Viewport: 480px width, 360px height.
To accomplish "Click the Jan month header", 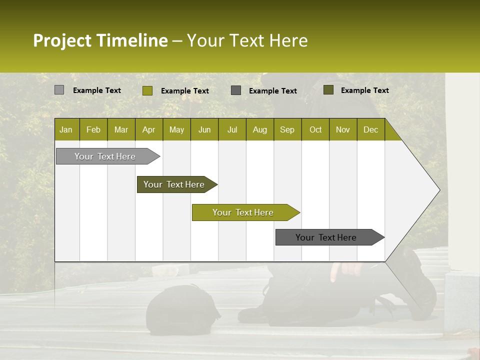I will (x=66, y=129).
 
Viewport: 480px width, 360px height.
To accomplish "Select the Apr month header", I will (x=149, y=129).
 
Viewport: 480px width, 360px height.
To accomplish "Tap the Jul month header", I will (x=232, y=129).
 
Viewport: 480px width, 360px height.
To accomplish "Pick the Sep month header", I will (x=287, y=129).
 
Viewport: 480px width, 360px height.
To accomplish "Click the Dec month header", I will (x=371, y=129).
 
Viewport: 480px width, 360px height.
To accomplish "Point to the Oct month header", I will (x=315, y=129).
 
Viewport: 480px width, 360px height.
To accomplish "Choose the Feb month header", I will (x=93, y=129).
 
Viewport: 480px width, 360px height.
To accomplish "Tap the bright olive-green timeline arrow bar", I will (x=243, y=212).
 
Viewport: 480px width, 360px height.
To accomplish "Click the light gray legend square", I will (x=59, y=90).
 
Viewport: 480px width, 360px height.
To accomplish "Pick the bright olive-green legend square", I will (x=147, y=90).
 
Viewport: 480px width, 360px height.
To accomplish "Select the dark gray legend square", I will (x=236, y=90).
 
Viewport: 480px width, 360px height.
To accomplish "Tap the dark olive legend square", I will (x=328, y=90).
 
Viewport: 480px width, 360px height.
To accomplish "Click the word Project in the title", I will (x=61, y=40).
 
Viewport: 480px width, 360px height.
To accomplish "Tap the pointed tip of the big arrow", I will (x=438, y=190).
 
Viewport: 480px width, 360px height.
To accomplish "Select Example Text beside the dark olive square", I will (x=364, y=90).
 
